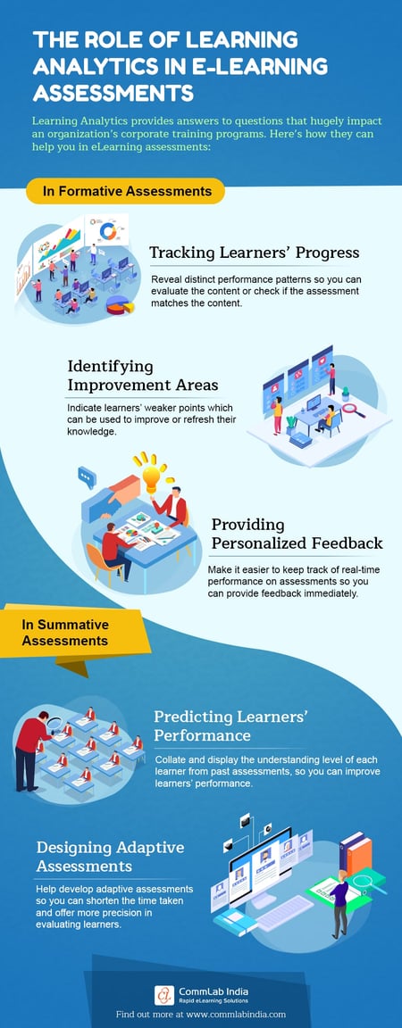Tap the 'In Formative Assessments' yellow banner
pos(125,190)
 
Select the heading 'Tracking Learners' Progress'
pos(254,252)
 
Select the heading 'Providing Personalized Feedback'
pos(296,533)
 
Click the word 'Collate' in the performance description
pos(172,759)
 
